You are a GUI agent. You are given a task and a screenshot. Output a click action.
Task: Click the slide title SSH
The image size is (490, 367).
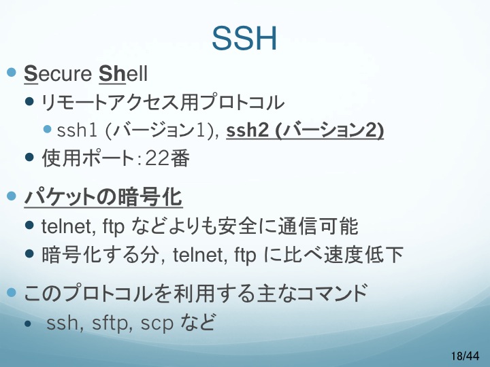tap(244, 38)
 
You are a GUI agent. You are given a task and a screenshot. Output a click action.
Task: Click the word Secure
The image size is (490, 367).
tap(58, 74)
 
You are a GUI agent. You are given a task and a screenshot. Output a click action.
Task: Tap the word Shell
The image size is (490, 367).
tap(122, 73)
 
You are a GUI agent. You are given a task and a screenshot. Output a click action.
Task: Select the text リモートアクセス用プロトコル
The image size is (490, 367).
tap(163, 103)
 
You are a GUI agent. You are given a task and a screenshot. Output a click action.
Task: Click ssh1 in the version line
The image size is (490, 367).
tap(77, 130)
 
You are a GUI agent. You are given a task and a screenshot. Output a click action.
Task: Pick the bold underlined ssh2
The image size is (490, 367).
tap(247, 130)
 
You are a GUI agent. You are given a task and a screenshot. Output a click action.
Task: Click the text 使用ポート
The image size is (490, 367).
tap(88, 158)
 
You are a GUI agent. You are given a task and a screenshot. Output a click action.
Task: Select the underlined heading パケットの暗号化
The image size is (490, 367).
tap(103, 197)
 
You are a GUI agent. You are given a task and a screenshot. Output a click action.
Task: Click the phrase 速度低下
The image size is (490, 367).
tap(363, 255)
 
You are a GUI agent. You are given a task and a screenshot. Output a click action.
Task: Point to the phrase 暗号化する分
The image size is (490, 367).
tap(99, 255)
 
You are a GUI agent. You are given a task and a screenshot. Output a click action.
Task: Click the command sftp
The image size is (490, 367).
tap(110, 322)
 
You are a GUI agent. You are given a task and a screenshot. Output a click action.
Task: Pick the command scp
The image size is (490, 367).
tap(157, 324)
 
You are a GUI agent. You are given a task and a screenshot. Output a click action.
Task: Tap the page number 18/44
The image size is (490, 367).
tap(465, 355)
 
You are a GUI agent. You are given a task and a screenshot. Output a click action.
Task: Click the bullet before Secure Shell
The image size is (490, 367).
tap(12, 73)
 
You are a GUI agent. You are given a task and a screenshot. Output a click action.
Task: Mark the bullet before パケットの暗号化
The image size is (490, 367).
tap(12, 196)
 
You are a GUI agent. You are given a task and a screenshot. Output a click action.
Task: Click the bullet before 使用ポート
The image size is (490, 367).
tap(29, 157)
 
